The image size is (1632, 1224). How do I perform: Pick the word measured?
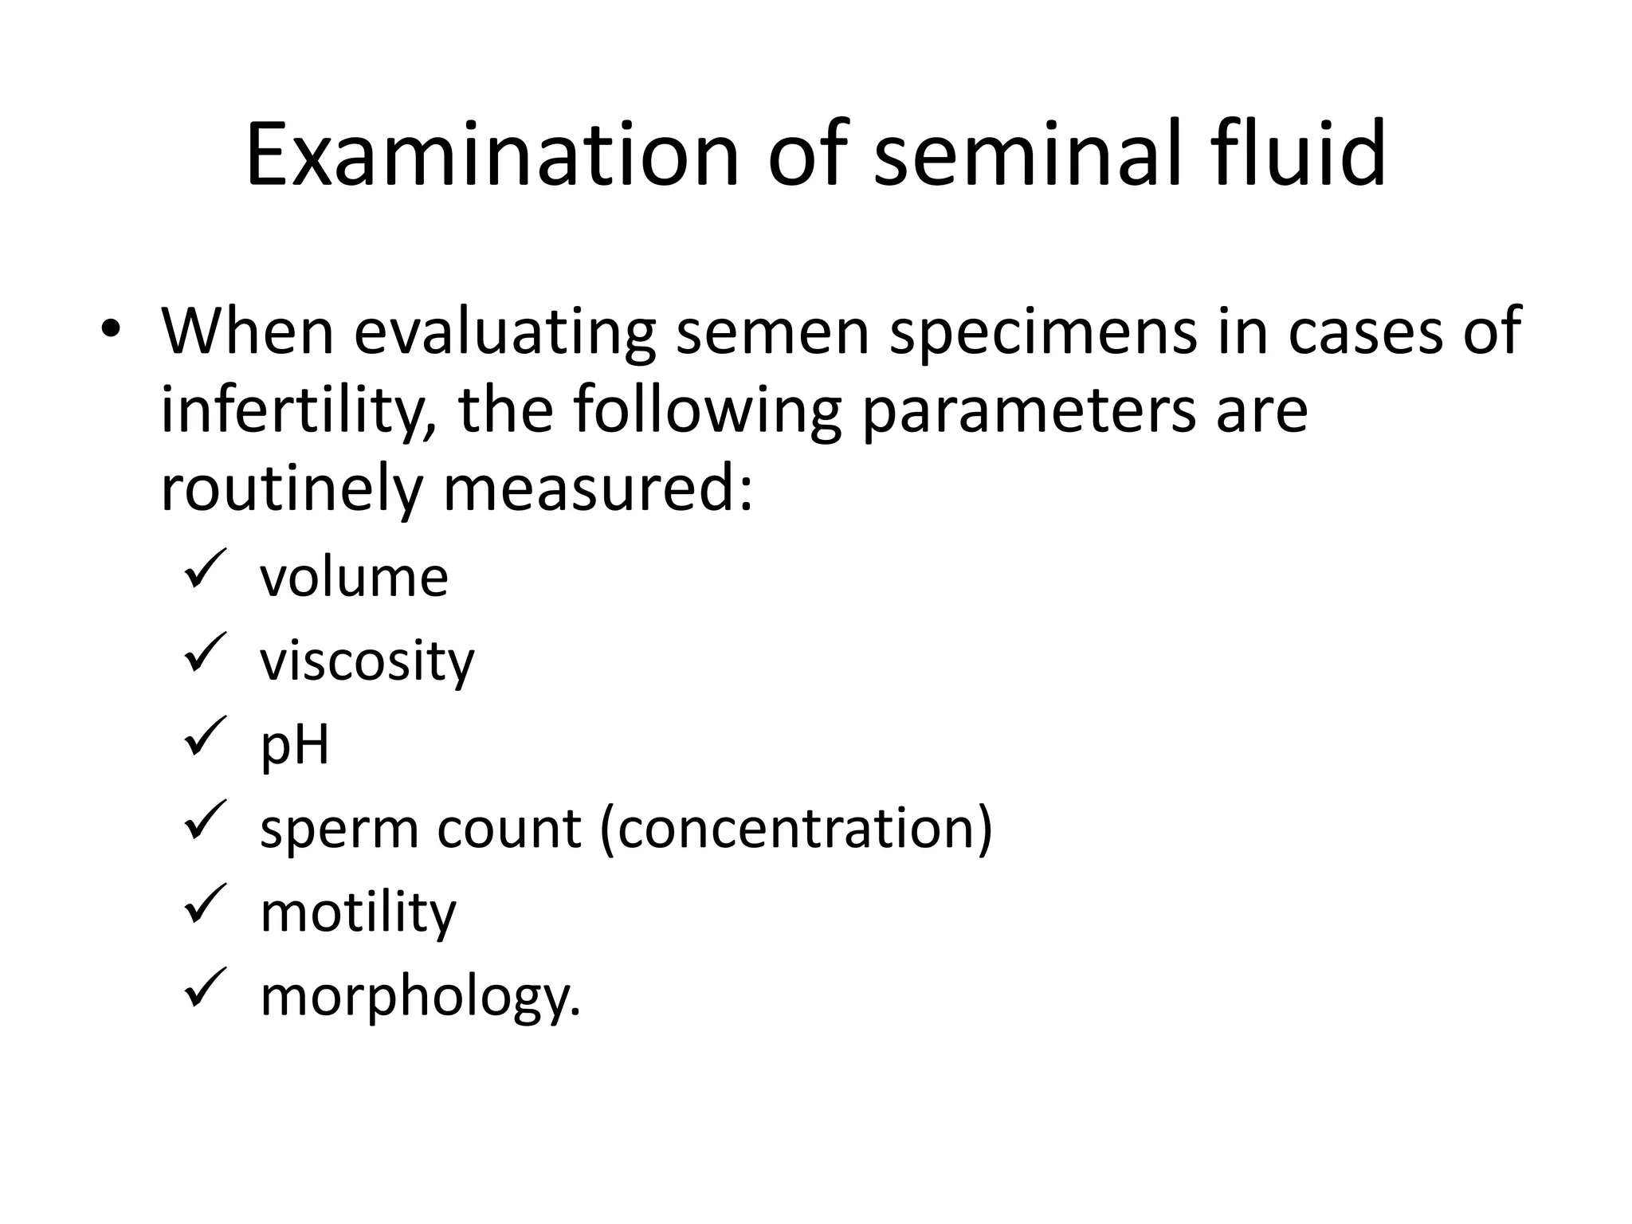(x=598, y=488)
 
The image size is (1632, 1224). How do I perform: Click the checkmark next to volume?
(x=205, y=567)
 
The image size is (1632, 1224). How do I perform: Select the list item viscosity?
(x=367, y=661)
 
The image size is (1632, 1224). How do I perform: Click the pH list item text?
(x=294, y=745)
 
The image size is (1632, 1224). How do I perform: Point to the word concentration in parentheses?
(x=796, y=828)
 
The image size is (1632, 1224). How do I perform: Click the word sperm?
(x=339, y=830)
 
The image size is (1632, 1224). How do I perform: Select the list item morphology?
(x=420, y=996)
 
